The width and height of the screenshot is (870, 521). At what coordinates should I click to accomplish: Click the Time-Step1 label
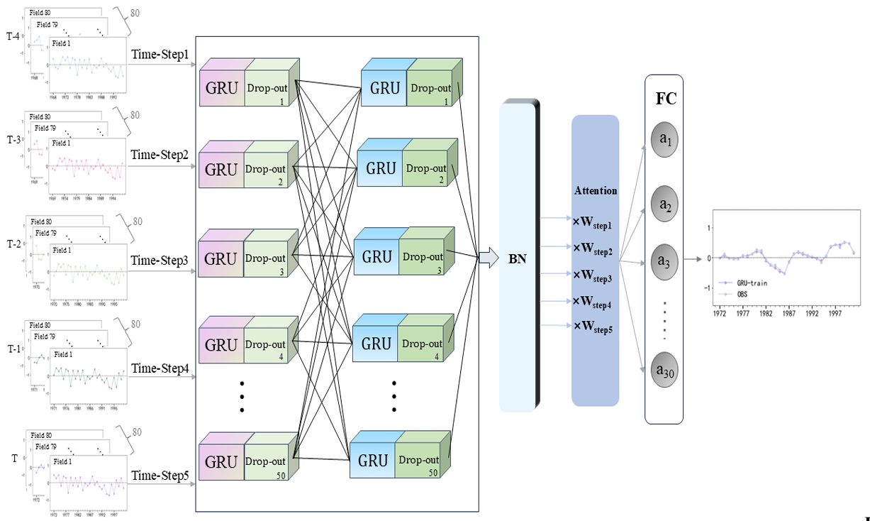[x=160, y=54]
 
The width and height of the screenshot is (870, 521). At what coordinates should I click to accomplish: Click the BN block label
[x=518, y=258]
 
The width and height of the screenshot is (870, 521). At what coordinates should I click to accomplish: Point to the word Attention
[x=596, y=191]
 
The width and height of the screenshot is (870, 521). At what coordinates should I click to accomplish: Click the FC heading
[x=665, y=99]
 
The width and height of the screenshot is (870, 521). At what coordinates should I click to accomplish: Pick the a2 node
[x=665, y=204]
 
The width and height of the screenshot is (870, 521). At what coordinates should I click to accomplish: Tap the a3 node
[x=665, y=262]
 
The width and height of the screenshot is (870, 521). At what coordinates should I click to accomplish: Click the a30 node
[x=665, y=371]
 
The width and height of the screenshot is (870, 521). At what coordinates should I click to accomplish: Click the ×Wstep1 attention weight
[x=593, y=221]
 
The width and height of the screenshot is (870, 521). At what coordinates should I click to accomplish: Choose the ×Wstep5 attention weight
[x=593, y=327]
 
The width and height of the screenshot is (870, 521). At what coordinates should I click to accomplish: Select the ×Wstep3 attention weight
[x=593, y=275]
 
